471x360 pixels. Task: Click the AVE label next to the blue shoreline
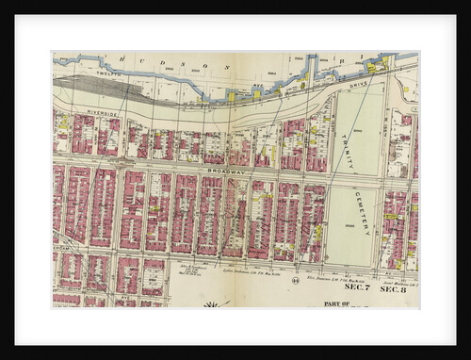(x=257, y=83)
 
